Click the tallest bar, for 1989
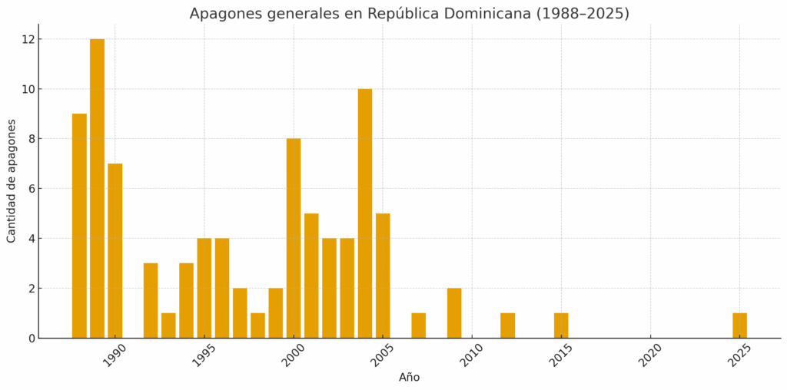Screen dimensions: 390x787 click(x=97, y=188)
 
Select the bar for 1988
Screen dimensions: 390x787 click(x=79, y=226)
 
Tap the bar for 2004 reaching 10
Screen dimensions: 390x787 click(x=365, y=213)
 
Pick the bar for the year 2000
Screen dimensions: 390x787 click(x=294, y=238)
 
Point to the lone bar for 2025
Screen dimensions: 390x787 click(x=739, y=326)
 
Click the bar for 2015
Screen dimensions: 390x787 click(x=561, y=326)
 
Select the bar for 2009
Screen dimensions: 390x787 click(x=454, y=313)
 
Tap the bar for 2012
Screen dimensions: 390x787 click(x=507, y=326)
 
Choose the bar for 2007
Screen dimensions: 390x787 click(x=418, y=326)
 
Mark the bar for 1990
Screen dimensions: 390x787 click(x=115, y=250)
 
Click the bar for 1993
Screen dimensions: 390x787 click(x=168, y=326)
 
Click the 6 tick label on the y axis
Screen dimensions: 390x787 click(x=29, y=189)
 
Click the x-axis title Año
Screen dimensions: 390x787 click(x=409, y=378)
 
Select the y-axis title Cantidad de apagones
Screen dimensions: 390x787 click(x=12, y=180)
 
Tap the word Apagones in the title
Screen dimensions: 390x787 click(x=222, y=14)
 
